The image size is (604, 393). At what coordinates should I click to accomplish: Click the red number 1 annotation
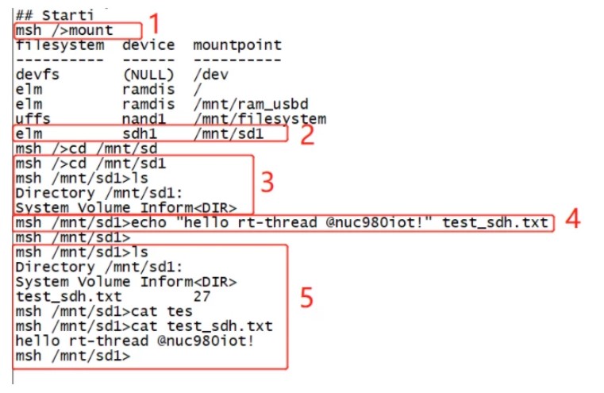tap(154, 23)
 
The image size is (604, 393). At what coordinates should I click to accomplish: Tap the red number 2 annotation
tap(307, 135)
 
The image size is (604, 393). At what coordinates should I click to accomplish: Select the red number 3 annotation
tap(267, 183)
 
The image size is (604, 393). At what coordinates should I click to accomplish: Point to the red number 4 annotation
tap(572, 218)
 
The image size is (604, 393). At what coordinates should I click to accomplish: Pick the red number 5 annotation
tap(306, 298)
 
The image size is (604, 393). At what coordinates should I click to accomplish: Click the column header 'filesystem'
tap(60, 45)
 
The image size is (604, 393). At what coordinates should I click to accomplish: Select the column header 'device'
tap(148, 45)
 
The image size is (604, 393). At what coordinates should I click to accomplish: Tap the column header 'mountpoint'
tap(237, 45)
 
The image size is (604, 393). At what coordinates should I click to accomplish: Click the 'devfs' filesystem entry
tap(37, 75)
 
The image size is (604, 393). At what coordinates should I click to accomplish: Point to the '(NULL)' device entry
tap(148, 75)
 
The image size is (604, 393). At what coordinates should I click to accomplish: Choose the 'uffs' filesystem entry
tap(33, 118)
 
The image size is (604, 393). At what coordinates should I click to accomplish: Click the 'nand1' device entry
tap(144, 118)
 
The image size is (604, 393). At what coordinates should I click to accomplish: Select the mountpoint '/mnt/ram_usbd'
tap(251, 104)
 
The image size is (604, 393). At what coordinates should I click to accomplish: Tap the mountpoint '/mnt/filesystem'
tap(260, 118)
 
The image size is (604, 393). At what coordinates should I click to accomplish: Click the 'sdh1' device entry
tap(140, 133)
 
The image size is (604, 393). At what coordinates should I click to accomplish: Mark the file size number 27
tap(202, 296)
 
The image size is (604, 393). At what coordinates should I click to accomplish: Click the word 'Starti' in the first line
tap(67, 15)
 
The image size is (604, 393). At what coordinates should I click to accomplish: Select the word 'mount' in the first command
tap(91, 30)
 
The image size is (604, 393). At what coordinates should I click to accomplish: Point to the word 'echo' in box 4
tap(148, 222)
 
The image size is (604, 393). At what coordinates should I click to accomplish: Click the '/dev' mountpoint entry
tap(210, 75)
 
